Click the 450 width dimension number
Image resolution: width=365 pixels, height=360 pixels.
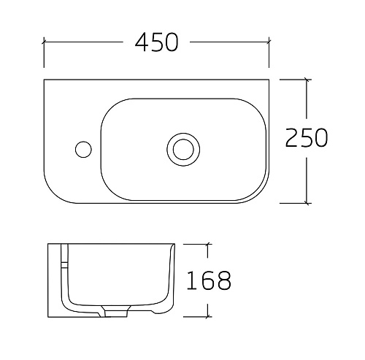tap(156, 42)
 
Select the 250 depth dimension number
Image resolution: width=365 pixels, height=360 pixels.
tap(307, 137)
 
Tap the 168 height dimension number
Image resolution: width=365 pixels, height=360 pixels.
tap(208, 280)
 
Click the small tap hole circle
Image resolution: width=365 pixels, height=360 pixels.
tap(83, 149)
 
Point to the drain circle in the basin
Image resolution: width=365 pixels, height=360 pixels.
tap(183, 150)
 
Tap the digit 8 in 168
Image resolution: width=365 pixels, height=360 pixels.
tap(223, 280)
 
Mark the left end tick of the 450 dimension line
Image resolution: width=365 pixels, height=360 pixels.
tap(44, 42)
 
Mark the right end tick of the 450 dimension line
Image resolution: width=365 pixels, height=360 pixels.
tap(269, 42)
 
